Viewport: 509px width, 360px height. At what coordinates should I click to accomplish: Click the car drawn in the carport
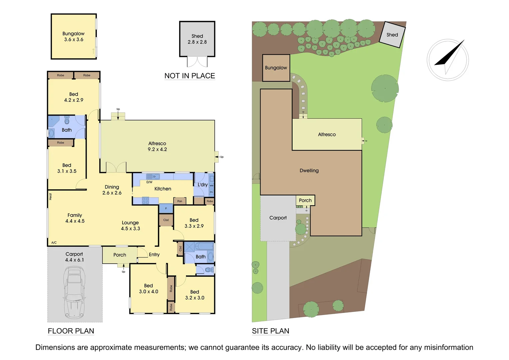pos(75,292)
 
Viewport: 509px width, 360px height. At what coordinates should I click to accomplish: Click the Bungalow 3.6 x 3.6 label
pos(74,36)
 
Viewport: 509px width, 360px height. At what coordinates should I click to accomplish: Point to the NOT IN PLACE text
pos(190,76)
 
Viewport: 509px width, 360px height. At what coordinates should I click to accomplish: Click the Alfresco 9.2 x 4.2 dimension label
pos(157,146)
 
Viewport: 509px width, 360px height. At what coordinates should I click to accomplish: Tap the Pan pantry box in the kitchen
pos(180,201)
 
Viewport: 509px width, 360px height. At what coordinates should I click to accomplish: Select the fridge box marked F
pos(166,209)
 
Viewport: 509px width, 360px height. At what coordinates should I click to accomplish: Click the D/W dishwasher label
pos(149,182)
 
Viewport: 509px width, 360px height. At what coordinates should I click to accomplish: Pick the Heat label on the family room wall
pos(51,197)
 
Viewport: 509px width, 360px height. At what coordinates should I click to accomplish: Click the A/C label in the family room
pos(54,243)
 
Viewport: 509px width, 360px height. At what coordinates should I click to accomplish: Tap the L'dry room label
pos(203,185)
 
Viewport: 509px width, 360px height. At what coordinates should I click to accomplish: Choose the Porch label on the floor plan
pos(120,255)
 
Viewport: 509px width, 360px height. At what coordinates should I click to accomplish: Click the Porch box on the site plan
pos(305,200)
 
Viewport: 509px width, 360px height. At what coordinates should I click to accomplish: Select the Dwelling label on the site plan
pos(309,171)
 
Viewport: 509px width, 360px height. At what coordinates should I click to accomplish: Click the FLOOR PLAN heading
pos(71,331)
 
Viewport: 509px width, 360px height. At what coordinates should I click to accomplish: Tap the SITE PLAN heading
pos(270,331)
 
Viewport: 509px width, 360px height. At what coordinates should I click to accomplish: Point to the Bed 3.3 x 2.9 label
pos(194,223)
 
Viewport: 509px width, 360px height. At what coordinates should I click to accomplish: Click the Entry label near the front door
pos(154,255)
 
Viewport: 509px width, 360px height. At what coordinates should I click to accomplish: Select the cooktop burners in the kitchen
pos(146,200)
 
